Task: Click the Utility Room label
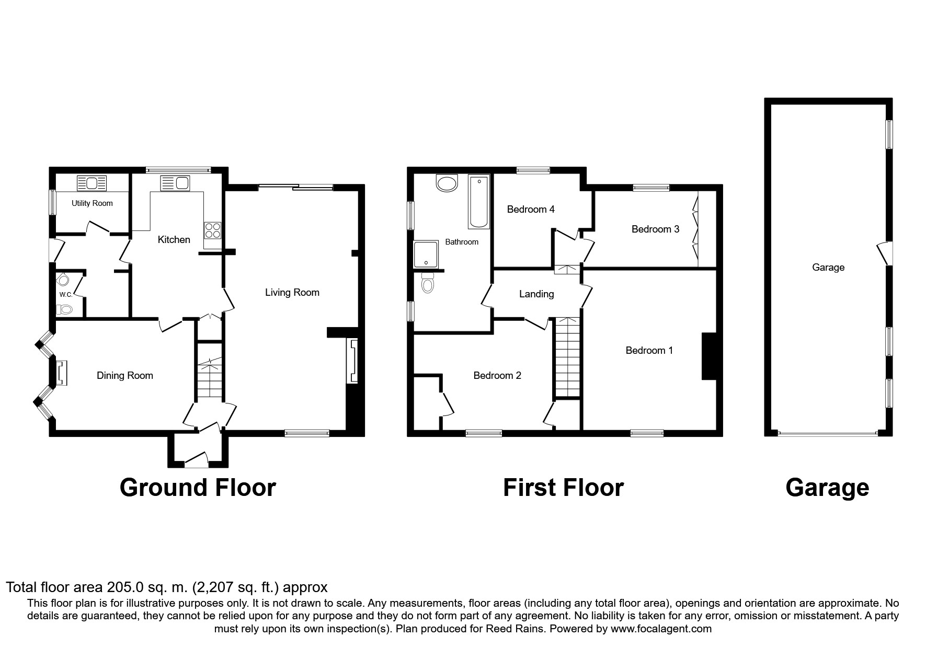(x=92, y=203)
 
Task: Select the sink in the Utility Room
(x=92, y=183)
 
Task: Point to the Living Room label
(x=292, y=293)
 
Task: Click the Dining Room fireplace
(x=62, y=373)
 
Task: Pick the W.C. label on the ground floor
(x=65, y=295)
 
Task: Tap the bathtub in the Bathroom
(x=478, y=202)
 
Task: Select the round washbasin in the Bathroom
(x=446, y=183)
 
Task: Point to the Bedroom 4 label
(x=531, y=210)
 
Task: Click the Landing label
(x=536, y=294)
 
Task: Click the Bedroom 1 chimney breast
(x=708, y=356)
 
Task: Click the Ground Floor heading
(x=198, y=488)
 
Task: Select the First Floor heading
(x=563, y=488)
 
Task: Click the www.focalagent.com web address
(x=661, y=629)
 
